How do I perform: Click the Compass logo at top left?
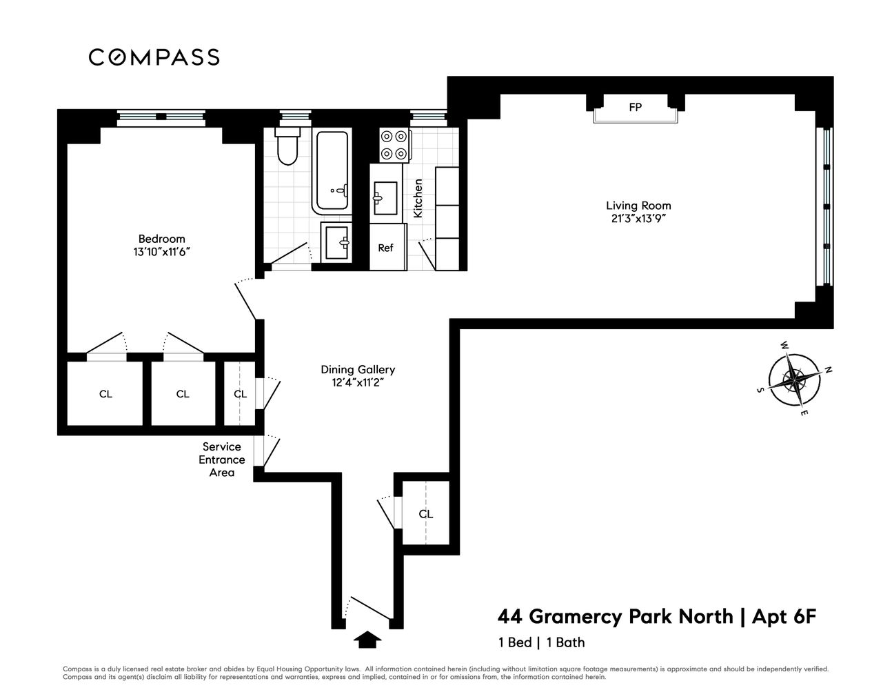point(154,57)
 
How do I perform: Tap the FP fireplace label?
point(635,108)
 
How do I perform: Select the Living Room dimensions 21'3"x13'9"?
point(638,219)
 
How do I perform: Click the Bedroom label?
point(161,239)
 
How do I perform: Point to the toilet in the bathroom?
point(286,147)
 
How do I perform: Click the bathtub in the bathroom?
point(334,170)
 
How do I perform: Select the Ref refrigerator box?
point(385,247)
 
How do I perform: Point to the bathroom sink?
point(338,242)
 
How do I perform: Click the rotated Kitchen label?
point(418,199)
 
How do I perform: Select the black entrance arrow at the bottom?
point(367,640)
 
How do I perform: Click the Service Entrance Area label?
point(222,460)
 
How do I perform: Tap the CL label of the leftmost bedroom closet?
point(105,394)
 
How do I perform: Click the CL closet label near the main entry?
point(426,514)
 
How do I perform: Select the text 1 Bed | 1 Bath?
point(541,642)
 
